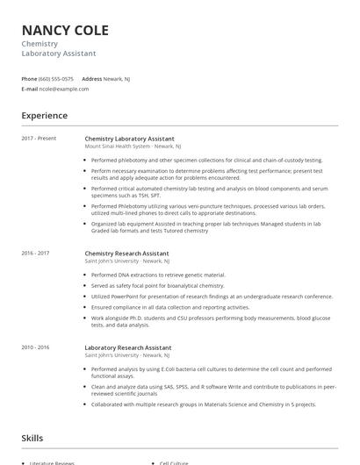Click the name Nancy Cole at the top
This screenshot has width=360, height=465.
(x=65, y=31)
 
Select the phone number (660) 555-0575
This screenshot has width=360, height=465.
(x=56, y=78)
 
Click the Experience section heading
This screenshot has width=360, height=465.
(x=44, y=115)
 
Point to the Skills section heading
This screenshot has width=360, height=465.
(x=32, y=438)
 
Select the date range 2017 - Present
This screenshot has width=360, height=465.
(x=39, y=139)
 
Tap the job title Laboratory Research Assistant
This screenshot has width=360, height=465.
(x=128, y=347)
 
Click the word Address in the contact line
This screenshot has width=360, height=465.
(x=91, y=78)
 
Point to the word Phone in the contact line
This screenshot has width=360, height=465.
(x=29, y=78)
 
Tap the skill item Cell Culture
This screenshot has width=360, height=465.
(x=174, y=462)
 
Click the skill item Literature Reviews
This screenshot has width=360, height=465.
(x=54, y=462)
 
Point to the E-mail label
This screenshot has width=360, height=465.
(x=30, y=89)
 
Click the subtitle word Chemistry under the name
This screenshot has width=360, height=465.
(x=40, y=44)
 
